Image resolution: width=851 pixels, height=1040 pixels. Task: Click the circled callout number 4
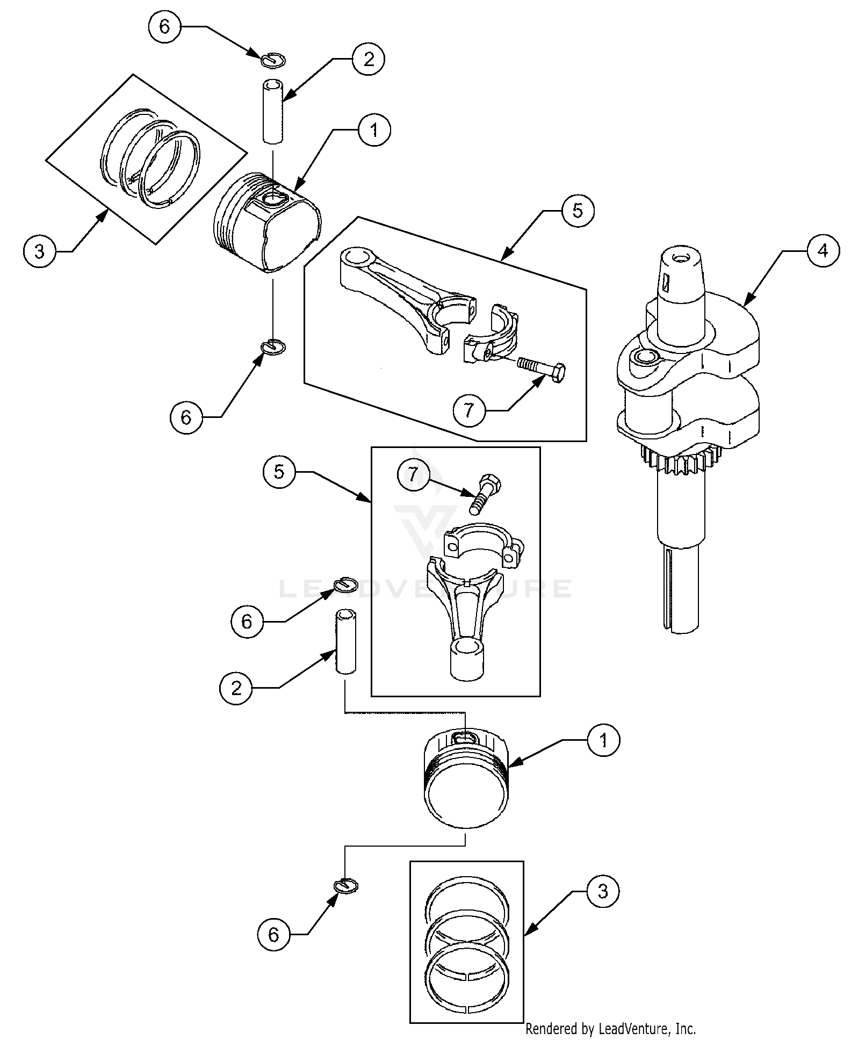click(x=823, y=251)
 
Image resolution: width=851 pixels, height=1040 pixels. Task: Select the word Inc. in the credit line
click(x=685, y=1029)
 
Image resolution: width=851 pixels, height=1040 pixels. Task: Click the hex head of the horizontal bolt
click(x=558, y=371)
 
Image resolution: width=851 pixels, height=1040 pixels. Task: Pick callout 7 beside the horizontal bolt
click(x=469, y=411)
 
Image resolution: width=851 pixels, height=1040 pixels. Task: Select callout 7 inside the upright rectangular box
click(x=413, y=474)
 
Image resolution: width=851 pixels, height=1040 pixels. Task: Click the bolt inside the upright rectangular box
click(x=484, y=493)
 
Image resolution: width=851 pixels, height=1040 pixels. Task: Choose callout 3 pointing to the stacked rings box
click(x=603, y=891)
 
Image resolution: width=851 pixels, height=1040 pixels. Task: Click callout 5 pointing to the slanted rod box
click(x=578, y=210)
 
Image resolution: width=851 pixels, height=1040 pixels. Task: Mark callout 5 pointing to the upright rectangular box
click(x=279, y=472)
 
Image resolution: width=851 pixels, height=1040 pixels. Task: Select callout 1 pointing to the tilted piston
click(x=374, y=129)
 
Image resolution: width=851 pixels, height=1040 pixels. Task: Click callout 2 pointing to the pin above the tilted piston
click(x=368, y=59)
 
